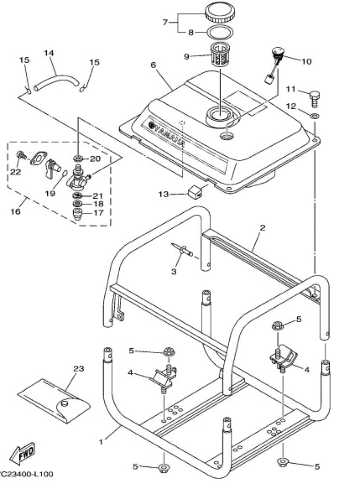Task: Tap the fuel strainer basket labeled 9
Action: [x=220, y=57]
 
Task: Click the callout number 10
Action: [x=306, y=61]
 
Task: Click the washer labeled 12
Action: [x=314, y=116]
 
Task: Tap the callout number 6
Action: [x=153, y=65]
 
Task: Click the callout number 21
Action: [x=98, y=195]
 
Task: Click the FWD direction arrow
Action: [x=25, y=453]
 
